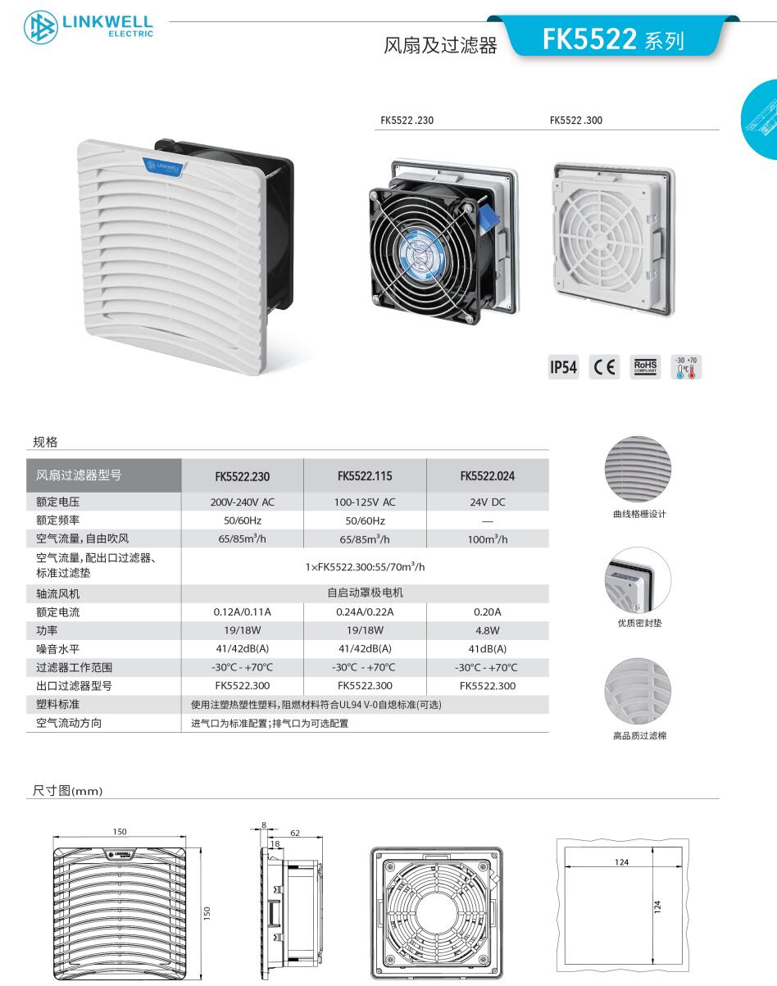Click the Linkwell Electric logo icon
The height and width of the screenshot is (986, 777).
tap(41, 28)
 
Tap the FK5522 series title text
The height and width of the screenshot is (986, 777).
tap(613, 39)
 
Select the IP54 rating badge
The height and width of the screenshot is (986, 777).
tap(563, 367)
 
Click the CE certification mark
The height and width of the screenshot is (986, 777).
tap(604, 367)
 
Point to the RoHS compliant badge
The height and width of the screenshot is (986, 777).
tap(645, 367)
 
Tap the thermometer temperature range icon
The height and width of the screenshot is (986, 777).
tap(686, 367)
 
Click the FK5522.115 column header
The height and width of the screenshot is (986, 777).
tap(365, 476)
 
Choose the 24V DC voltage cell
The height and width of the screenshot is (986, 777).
tap(488, 502)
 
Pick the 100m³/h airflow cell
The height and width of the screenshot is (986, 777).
tap(488, 538)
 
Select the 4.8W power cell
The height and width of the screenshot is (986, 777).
tap(488, 630)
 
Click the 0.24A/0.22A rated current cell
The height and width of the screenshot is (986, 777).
tap(365, 611)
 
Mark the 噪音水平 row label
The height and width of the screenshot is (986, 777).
tap(57, 649)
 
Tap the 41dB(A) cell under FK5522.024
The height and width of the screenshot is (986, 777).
tap(488, 649)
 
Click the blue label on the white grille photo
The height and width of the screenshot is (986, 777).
tap(162, 166)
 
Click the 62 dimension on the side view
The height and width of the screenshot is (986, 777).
tap(295, 833)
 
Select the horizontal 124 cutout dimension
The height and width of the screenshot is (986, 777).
tap(622, 862)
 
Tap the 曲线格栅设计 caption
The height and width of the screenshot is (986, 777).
tap(639, 514)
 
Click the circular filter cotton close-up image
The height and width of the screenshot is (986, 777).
tap(638, 692)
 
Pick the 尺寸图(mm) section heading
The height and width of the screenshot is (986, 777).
tap(68, 790)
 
